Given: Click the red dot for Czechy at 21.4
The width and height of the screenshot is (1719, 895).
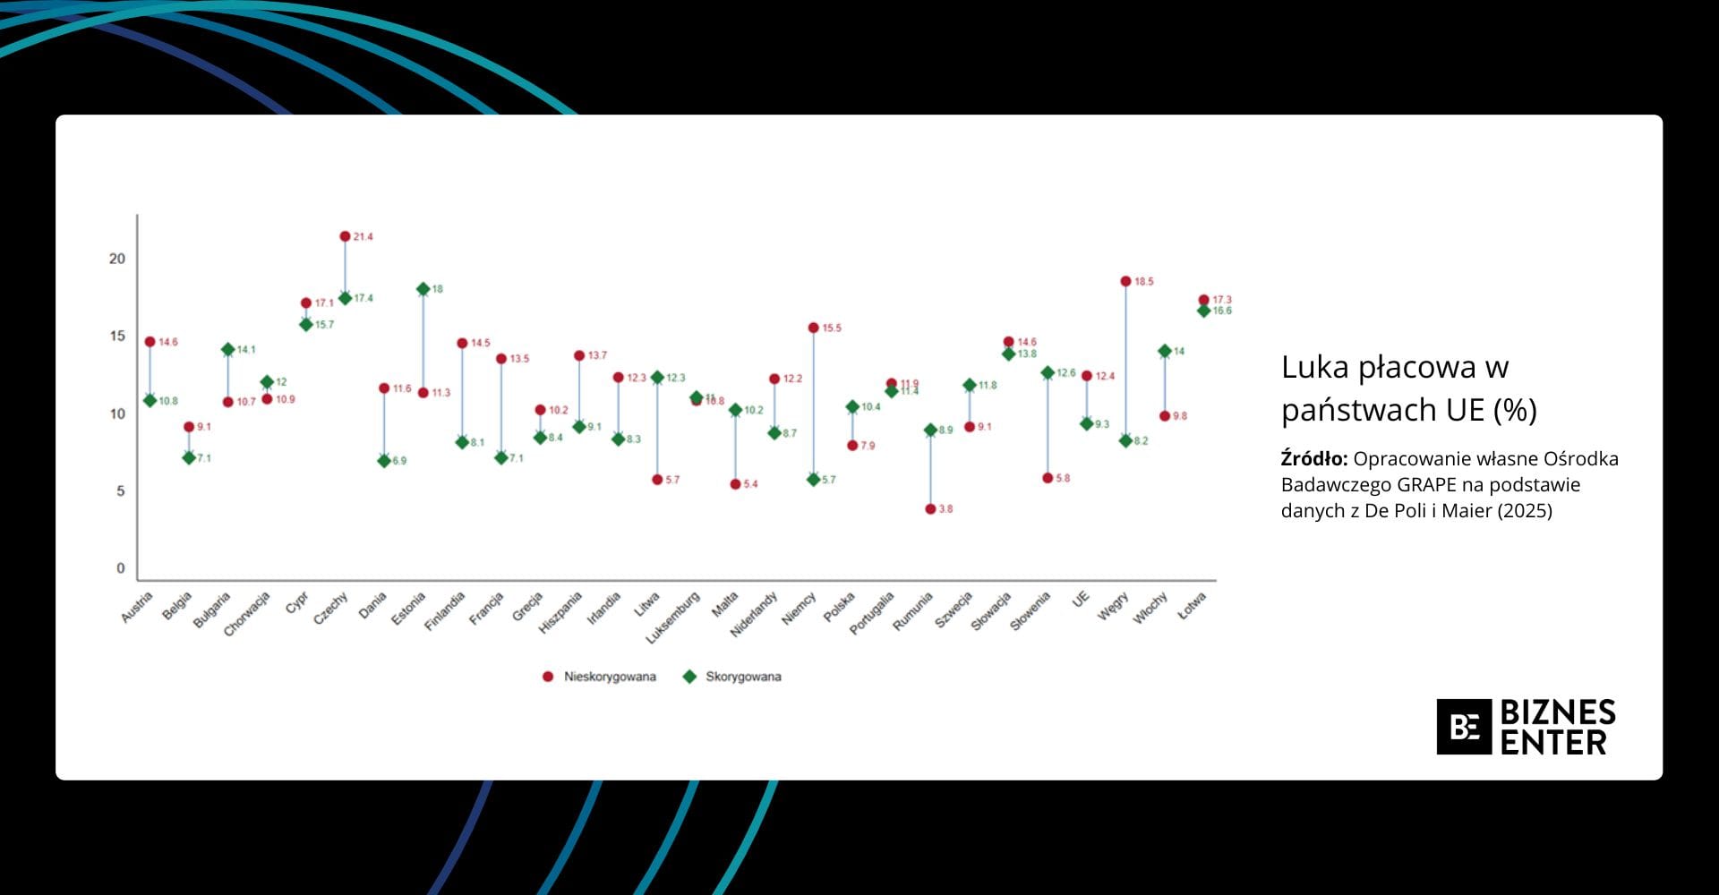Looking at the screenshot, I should click(x=345, y=236).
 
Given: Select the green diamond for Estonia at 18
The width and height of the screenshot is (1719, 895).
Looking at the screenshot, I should click(x=423, y=289).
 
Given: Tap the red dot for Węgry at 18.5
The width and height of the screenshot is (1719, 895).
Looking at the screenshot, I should click(x=1125, y=281).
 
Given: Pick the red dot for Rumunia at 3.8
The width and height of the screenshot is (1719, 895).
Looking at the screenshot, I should click(x=930, y=509).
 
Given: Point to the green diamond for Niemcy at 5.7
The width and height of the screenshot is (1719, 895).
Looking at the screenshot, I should click(x=814, y=480).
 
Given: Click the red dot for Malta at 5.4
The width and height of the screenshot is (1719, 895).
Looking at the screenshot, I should click(x=735, y=484).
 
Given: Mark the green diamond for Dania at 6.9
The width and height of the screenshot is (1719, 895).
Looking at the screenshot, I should click(x=384, y=461).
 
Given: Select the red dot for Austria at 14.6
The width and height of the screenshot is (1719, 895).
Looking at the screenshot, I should click(x=150, y=342).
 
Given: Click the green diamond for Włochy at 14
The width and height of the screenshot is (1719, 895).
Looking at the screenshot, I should click(x=1165, y=352).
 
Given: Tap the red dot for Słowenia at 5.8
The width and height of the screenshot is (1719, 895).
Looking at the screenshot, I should click(x=1048, y=478).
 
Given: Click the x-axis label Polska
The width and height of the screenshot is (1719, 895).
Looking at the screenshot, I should click(x=840, y=607).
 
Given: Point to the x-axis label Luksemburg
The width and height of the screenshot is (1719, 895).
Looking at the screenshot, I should click(x=673, y=618).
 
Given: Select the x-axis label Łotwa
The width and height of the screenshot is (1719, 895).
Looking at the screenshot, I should click(x=1192, y=606).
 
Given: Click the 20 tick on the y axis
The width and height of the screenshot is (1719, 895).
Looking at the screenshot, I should click(x=117, y=259).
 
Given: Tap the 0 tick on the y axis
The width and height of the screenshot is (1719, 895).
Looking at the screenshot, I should click(x=121, y=568).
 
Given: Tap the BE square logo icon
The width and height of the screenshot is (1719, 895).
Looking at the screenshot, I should click(x=1464, y=727).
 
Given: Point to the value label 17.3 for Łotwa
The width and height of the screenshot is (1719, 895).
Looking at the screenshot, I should click(x=1222, y=300).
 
